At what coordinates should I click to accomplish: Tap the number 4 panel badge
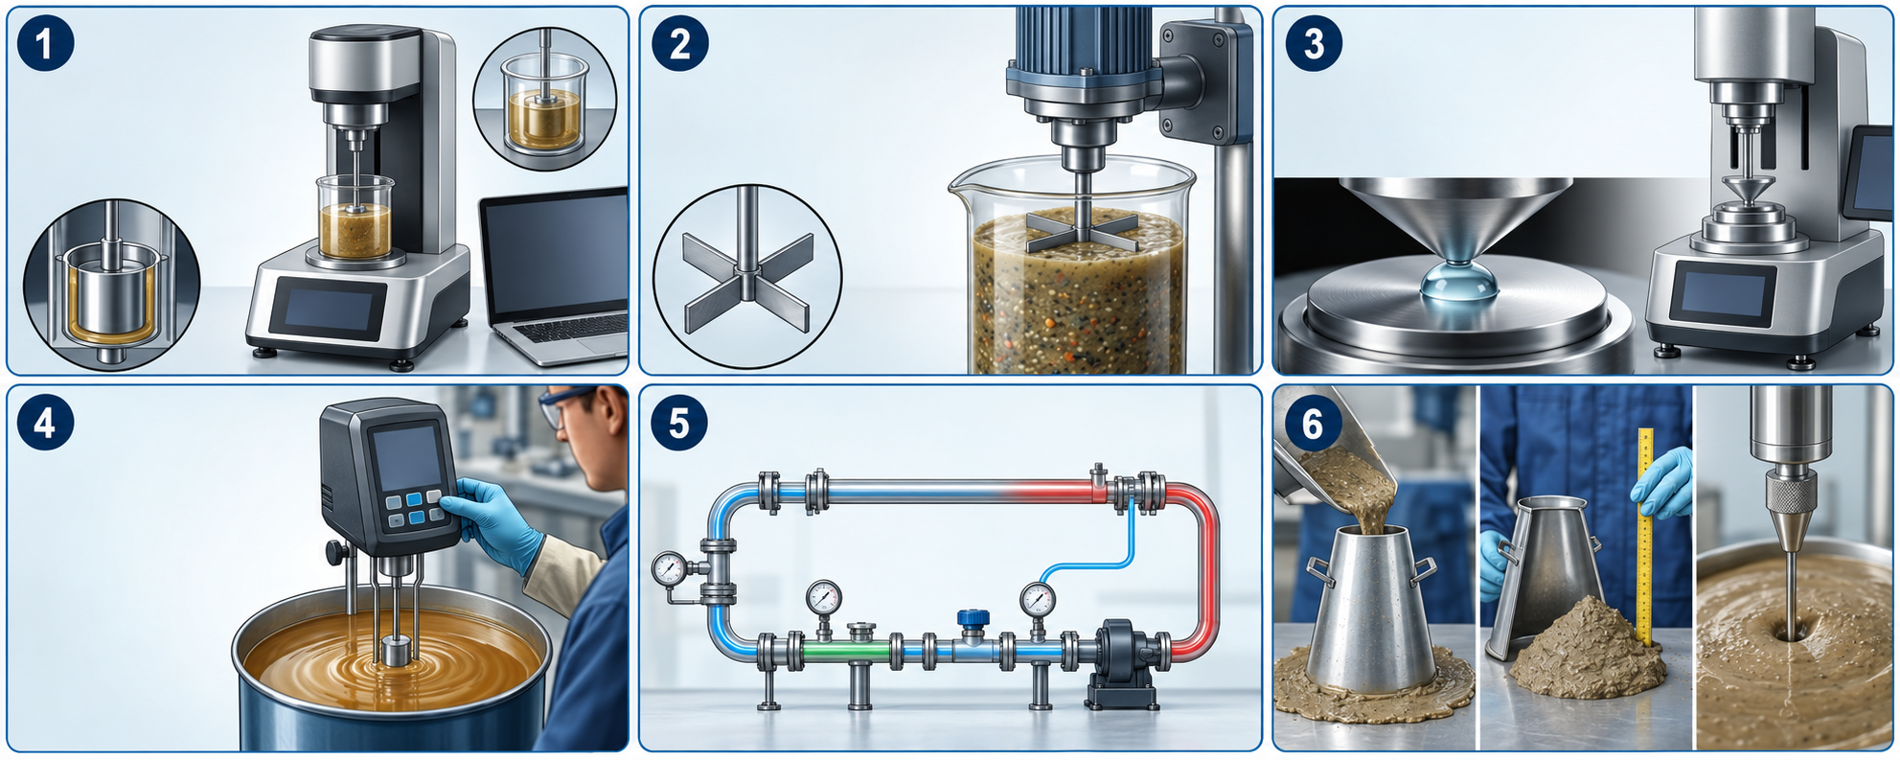coord(45,423)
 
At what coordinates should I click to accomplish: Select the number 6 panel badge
coord(1313,423)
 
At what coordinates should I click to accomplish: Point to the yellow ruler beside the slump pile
coord(1645,537)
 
